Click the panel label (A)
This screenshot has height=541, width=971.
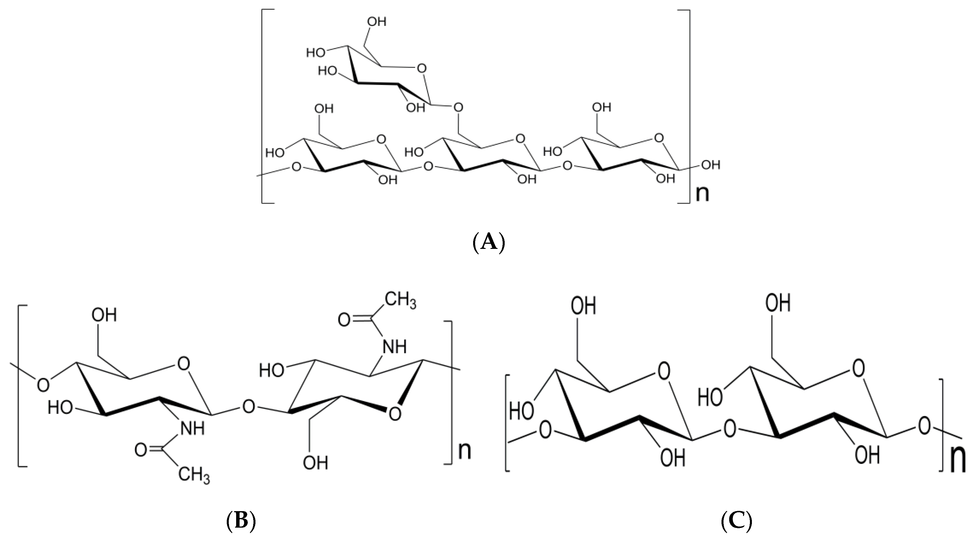pos(488,242)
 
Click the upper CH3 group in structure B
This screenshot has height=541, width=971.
pos(401,301)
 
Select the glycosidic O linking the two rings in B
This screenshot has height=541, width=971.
pos(248,407)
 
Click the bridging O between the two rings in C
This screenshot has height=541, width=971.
pos(730,429)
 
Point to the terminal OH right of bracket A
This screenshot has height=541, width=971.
pos(710,165)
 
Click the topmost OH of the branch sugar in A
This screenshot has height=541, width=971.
pos(377,22)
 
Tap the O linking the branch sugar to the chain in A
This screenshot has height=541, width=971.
pos(458,108)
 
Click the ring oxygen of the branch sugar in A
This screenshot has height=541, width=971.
pos(422,68)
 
